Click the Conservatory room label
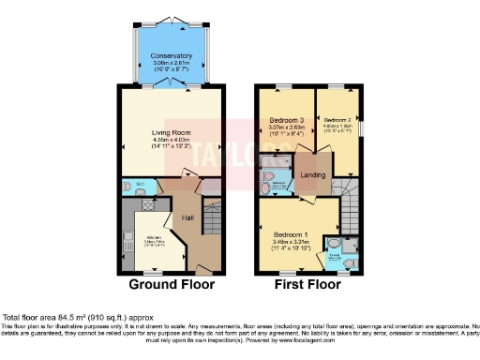click(172, 56)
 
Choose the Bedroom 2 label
click(337, 121)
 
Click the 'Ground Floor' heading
click(172, 284)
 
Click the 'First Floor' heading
click(307, 284)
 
